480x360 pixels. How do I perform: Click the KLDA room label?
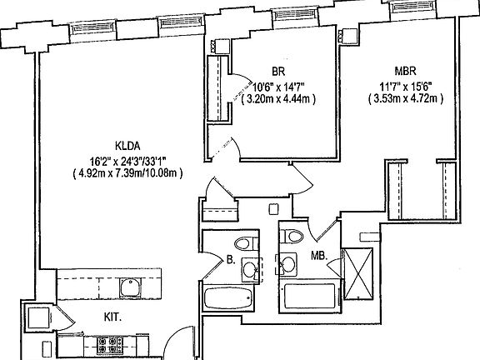pos(127,146)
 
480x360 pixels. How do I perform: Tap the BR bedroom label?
pos(278,72)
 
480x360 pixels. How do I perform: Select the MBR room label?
pos(405,72)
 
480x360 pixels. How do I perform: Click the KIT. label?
pos(112,317)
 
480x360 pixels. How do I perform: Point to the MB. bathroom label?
pos(320,255)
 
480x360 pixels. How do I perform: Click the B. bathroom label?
pos(231,260)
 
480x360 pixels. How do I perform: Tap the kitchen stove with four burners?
pos(110,345)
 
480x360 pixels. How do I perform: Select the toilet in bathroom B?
pos(247,243)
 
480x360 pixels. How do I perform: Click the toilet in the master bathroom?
pos(292,236)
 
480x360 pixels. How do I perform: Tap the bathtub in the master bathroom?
pos(309,296)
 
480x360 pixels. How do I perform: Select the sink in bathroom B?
pos(251,270)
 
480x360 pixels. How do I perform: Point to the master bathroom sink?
pos(287,262)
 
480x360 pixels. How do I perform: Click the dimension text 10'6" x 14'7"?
pos(278,87)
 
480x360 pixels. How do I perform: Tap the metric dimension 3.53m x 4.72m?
pos(406,99)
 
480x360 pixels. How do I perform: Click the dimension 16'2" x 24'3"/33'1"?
pos(127,160)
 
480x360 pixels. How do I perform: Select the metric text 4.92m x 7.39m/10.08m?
pos(127,173)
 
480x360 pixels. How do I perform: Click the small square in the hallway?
pos(273,209)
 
